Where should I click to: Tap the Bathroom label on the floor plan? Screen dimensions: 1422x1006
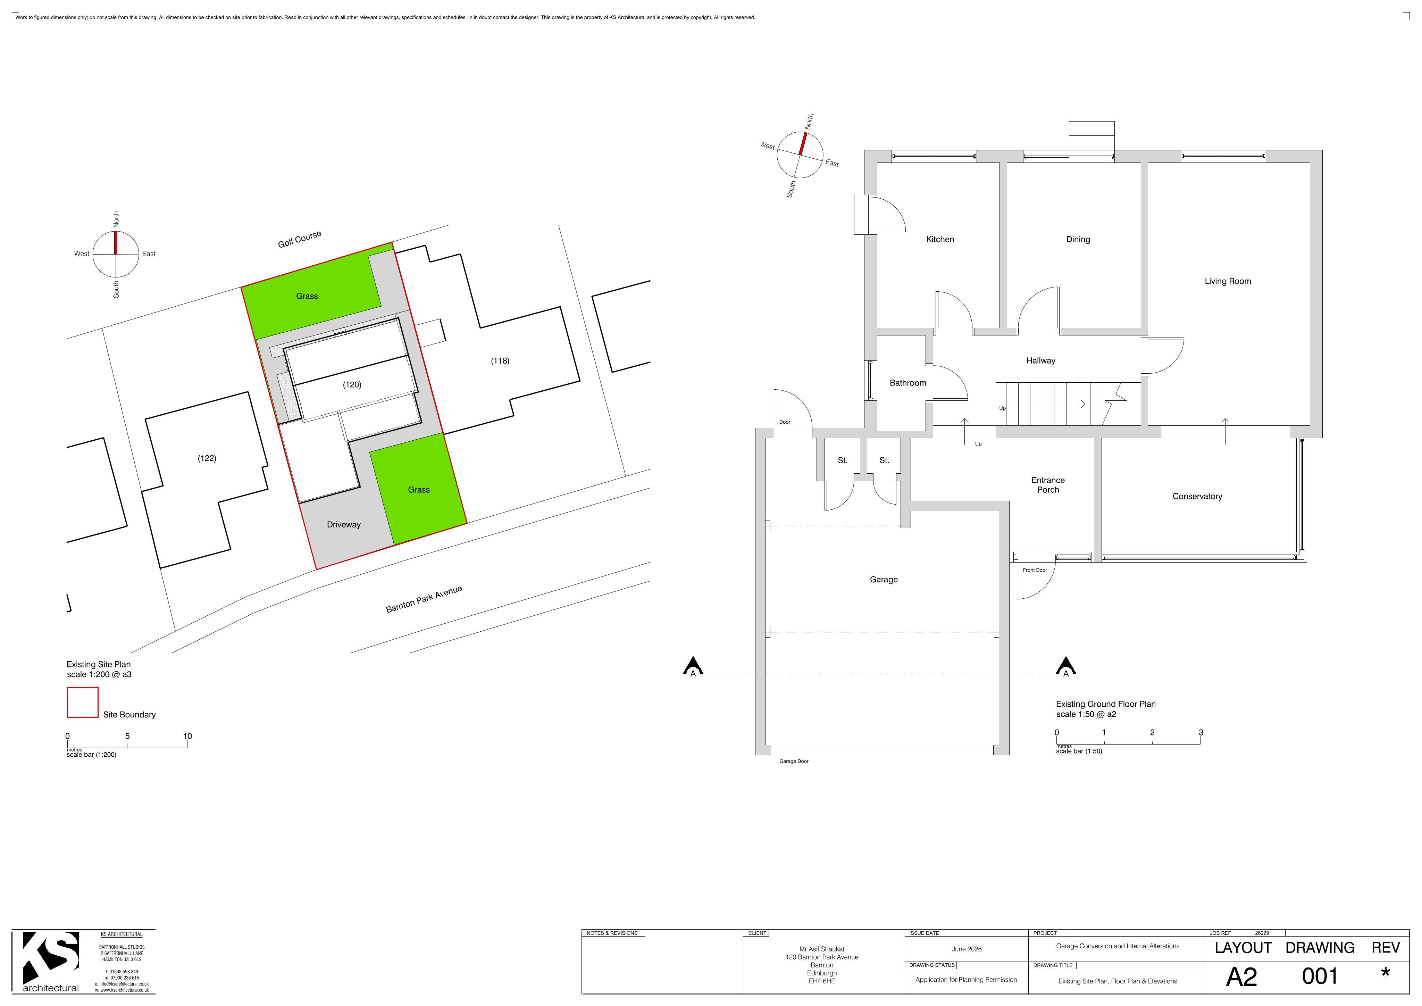[908, 383]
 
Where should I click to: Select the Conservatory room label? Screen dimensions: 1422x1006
[1197, 496]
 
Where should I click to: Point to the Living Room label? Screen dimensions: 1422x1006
[1228, 281]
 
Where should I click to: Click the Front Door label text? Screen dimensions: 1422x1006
[1035, 570]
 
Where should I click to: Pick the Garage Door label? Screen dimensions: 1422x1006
[794, 761]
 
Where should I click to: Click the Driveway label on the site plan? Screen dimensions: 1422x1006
[344, 525]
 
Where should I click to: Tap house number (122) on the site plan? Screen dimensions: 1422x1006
[207, 458]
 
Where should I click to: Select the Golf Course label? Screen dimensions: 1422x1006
[300, 239]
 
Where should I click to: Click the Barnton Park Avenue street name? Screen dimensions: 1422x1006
[424, 599]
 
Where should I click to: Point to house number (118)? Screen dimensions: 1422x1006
[500, 360]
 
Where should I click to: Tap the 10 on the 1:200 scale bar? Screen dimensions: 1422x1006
[188, 736]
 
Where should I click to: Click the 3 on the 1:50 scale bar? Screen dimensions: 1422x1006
[1201, 732]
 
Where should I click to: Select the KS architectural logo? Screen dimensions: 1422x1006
[51, 962]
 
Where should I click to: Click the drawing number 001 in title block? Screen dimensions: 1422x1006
[1320, 977]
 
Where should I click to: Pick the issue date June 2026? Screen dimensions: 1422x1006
[967, 949]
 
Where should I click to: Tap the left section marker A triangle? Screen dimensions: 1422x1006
[693, 666]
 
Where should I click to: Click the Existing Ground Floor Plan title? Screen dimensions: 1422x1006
[1105, 704]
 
